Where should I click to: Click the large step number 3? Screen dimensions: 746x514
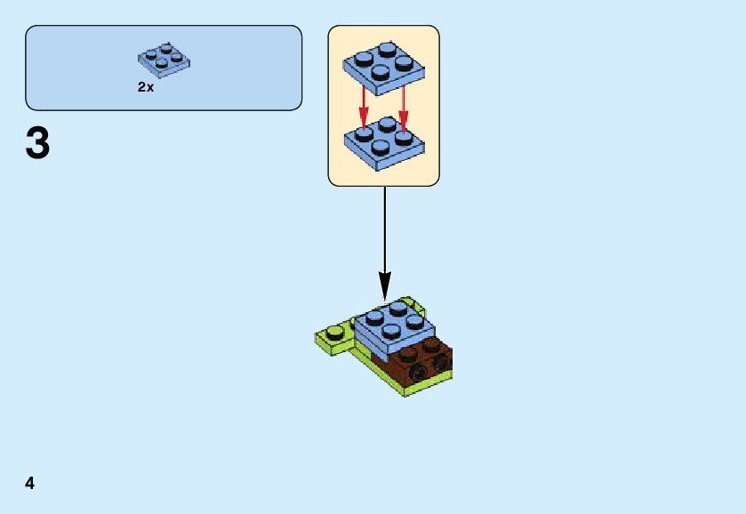click(x=37, y=144)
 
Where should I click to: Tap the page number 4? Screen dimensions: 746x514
click(x=30, y=483)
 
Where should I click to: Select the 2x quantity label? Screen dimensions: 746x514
click(x=146, y=88)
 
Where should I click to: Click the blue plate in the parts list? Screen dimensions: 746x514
click(x=164, y=60)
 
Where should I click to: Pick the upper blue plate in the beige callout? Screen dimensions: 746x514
click(x=383, y=68)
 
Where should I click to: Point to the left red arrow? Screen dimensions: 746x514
click(x=364, y=104)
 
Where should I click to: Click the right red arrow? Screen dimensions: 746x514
click(x=404, y=104)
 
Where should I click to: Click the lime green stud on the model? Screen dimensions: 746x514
click(x=334, y=334)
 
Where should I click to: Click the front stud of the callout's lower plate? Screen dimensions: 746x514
click(x=382, y=149)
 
